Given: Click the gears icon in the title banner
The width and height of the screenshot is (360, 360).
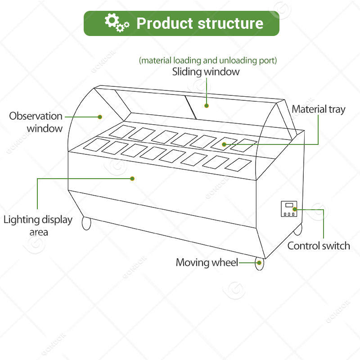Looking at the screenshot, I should point(117,23).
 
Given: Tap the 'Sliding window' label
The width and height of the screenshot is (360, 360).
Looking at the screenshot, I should point(206,72).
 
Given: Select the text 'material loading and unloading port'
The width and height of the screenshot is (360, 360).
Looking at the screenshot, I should point(208,60).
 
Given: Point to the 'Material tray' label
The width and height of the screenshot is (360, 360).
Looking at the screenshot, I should point(319,109).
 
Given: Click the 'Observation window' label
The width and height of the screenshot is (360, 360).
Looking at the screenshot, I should point(36,122).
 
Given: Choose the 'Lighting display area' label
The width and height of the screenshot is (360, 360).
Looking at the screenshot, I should point(38,225).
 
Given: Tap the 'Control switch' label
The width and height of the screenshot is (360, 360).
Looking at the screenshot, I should point(319,246).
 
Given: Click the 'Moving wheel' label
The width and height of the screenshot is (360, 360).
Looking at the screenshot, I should point(207,262).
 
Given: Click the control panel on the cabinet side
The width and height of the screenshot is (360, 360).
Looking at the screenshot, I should point(288,209).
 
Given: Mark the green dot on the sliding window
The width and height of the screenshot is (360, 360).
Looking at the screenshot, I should point(207,106).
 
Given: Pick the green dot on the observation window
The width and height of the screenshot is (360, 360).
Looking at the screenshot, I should point(100,117).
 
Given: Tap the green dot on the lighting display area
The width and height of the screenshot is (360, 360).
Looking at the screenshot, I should point(132,178).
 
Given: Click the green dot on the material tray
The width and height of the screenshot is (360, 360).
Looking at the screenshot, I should point(224,144).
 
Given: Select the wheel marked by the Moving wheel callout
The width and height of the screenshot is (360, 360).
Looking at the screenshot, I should point(259,264).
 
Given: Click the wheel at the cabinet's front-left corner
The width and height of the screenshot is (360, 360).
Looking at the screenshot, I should point(86,223).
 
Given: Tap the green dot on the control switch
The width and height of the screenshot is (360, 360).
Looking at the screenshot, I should point(295,209).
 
